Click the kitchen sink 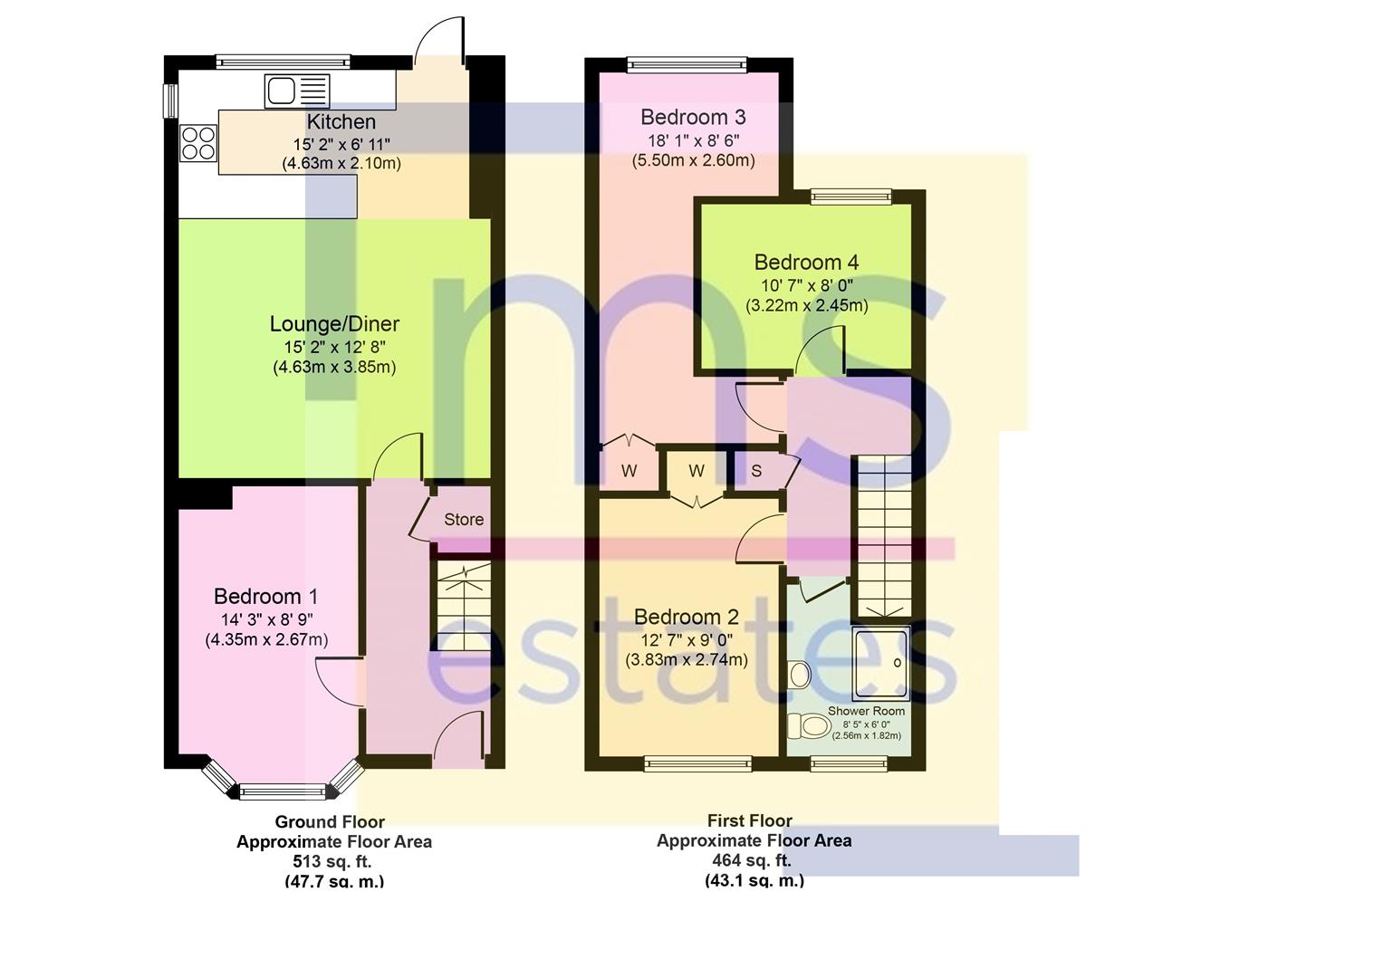296,91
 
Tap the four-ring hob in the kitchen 198,143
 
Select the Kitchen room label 341,121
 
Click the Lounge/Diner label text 334,323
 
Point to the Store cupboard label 464,520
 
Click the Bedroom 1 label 265,596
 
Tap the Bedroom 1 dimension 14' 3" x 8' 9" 267,619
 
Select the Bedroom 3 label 693,117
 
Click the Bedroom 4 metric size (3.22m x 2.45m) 807,305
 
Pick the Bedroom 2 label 687,617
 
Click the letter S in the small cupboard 756,471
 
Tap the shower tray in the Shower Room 880,665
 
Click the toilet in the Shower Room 809,725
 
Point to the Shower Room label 866,711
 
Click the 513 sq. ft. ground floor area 332,861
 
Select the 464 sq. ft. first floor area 751,860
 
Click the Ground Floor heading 330,821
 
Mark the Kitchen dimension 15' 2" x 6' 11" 341,145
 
